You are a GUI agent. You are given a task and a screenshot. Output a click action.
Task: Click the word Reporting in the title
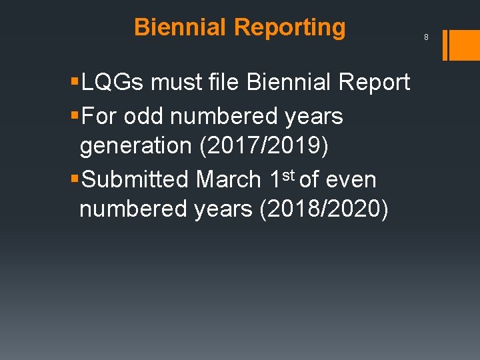290,27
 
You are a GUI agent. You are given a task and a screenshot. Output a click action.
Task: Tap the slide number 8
426,37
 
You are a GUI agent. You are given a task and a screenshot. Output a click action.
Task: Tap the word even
352,179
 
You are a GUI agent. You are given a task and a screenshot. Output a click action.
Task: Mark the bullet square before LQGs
75,83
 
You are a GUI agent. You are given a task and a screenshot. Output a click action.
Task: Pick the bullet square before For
75,117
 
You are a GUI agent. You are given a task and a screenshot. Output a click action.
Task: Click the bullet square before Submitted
75,180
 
